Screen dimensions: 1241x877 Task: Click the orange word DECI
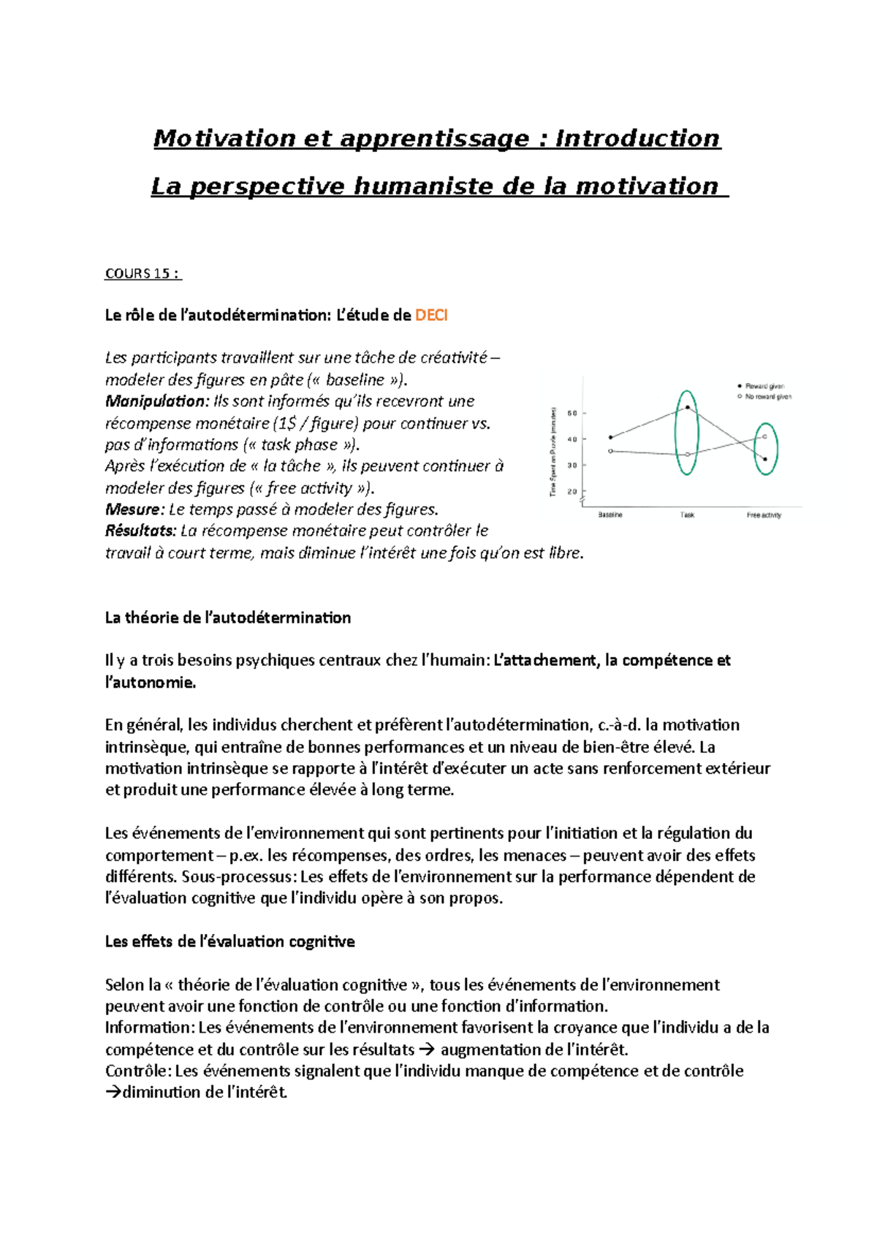[x=431, y=316]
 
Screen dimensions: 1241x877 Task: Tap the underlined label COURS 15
[x=143, y=273]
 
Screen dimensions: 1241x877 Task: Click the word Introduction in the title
[x=637, y=138]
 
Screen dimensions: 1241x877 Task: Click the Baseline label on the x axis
[x=610, y=515]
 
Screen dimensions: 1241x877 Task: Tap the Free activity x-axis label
[x=764, y=515]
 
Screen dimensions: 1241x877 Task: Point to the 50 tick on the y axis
[x=572, y=413]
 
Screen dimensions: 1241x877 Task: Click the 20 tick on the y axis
[x=572, y=492]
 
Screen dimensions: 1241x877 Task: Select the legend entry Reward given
[x=764, y=386]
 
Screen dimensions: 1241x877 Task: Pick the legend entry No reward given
[x=767, y=397]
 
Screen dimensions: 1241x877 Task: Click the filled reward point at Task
[x=688, y=408]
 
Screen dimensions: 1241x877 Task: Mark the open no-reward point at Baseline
[x=611, y=451]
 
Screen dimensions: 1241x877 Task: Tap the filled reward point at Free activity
[x=765, y=460]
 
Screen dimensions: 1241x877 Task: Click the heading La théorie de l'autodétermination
[x=227, y=618]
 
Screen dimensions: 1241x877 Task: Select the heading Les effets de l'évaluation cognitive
[x=229, y=941]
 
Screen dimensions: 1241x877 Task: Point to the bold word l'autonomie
[x=150, y=683]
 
